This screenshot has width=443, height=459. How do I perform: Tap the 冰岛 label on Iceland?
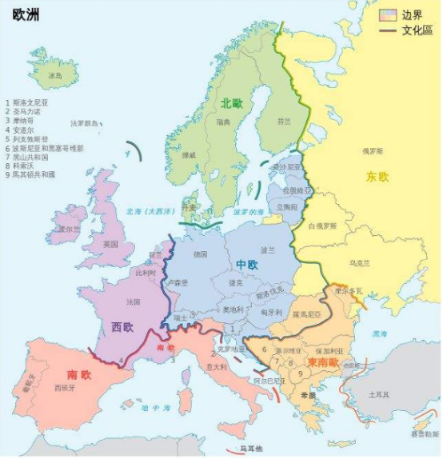coord(55,75)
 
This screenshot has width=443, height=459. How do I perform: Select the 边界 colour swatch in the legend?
coord(388,14)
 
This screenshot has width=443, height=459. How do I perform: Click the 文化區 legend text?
coord(417,30)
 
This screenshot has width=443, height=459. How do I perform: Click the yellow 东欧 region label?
coord(377,176)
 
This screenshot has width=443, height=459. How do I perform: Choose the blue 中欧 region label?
coord(246,265)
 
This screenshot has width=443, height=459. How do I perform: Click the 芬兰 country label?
coord(284,122)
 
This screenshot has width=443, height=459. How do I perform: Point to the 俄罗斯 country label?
coord(373,151)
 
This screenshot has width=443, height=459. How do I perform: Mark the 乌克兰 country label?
coord(360,262)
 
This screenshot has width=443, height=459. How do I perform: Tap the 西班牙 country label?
coord(65,388)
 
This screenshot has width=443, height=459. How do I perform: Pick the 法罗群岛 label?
coord(86,123)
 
